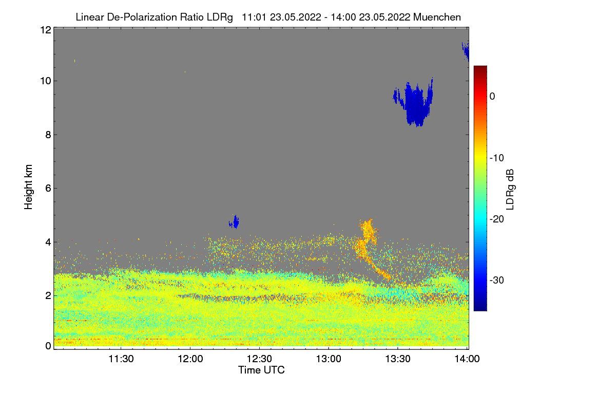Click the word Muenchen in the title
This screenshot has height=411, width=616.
point(438,17)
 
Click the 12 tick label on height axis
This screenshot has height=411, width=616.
point(45,30)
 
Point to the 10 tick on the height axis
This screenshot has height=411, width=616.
point(45,81)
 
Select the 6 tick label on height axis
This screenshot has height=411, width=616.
point(47,188)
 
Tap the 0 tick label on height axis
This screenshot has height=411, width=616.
point(47,346)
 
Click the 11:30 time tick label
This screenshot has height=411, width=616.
point(121,360)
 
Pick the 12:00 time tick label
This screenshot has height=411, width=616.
point(190,360)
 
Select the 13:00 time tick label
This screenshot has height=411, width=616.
point(329,360)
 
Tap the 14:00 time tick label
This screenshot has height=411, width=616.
point(467,360)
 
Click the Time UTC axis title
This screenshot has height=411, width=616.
point(261,370)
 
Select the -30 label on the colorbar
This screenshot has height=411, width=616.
point(497,281)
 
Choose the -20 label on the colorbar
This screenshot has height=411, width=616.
point(497,219)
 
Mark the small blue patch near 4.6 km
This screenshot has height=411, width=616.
point(235,222)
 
